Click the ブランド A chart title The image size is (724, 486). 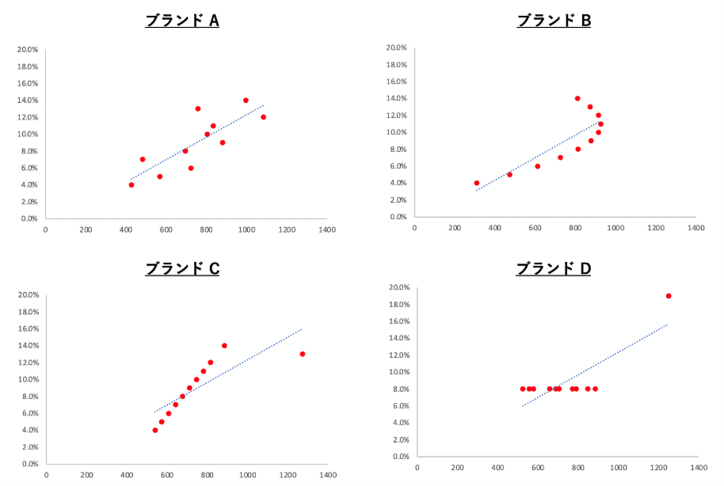pos(182,21)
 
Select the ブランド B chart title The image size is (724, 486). pos(553,21)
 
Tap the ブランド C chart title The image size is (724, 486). pos(182,269)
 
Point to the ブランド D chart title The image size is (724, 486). pos(553,269)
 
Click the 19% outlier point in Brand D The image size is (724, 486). pos(668,296)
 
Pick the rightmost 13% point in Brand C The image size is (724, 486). pos(302,354)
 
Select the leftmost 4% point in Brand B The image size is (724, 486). pos(476,183)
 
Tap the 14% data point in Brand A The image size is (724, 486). pos(246,101)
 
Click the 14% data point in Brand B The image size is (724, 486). pos(577,98)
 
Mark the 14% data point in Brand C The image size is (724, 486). pos(224,345)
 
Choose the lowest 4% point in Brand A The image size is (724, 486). pos(132,185)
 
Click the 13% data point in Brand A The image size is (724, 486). pos(198,109)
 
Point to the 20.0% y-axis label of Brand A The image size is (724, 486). pos(28,49)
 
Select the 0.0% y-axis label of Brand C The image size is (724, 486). pos(29,464)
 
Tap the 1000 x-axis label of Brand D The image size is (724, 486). pos(618,468)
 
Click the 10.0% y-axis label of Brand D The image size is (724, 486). pos(399,372)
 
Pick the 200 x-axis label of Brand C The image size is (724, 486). pos(87,475)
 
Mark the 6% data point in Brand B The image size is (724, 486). pos(537,166)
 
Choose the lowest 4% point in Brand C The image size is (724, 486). pos(155,430)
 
